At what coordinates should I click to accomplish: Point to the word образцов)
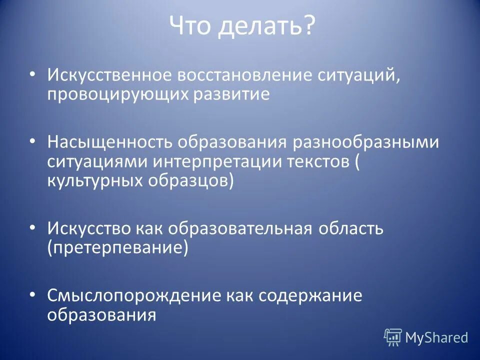click(x=190, y=180)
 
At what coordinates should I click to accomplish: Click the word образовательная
click(x=239, y=229)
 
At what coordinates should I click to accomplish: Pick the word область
click(x=349, y=229)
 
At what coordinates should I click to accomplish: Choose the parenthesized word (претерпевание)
click(x=118, y=248)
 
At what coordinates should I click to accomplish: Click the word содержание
click(x=310, y=296)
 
